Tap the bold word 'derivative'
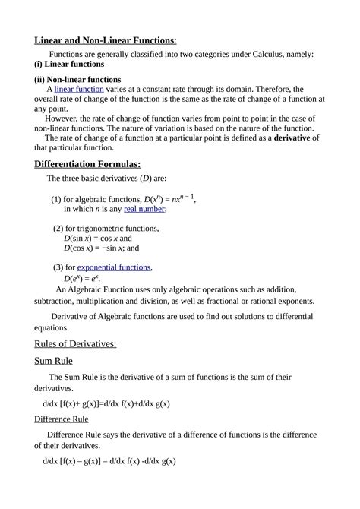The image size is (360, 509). [297, 138]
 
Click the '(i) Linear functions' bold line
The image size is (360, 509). [69, 65]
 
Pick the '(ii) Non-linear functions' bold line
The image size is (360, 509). [77, 79]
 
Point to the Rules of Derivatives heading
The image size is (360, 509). [75, 343]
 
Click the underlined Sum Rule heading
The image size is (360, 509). [58, 361]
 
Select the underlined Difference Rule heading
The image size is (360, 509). [62, 419]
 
